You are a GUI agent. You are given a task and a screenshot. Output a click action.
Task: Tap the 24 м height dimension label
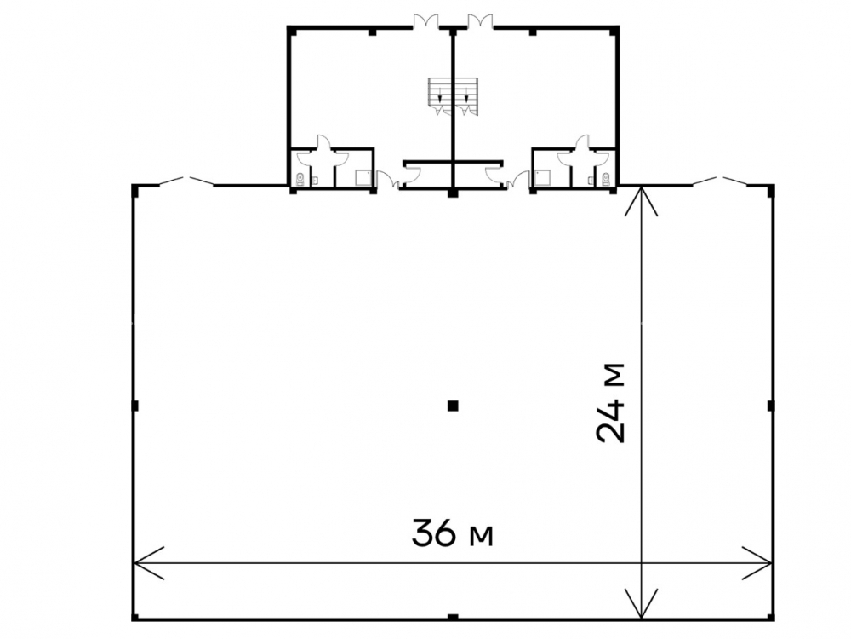[x=610, y=403]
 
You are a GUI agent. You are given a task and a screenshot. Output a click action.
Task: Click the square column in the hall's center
[x=453, y=406]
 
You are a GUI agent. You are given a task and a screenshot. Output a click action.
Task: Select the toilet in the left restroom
[x=300, y=178]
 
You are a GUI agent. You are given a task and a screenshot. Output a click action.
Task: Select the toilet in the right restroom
[x=606, y=178]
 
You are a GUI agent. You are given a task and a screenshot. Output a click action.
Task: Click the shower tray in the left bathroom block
[x=362, y=178]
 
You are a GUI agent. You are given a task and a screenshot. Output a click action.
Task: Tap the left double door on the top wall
[x=425, y=20]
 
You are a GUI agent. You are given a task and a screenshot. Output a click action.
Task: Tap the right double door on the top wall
[x=480, y=20]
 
